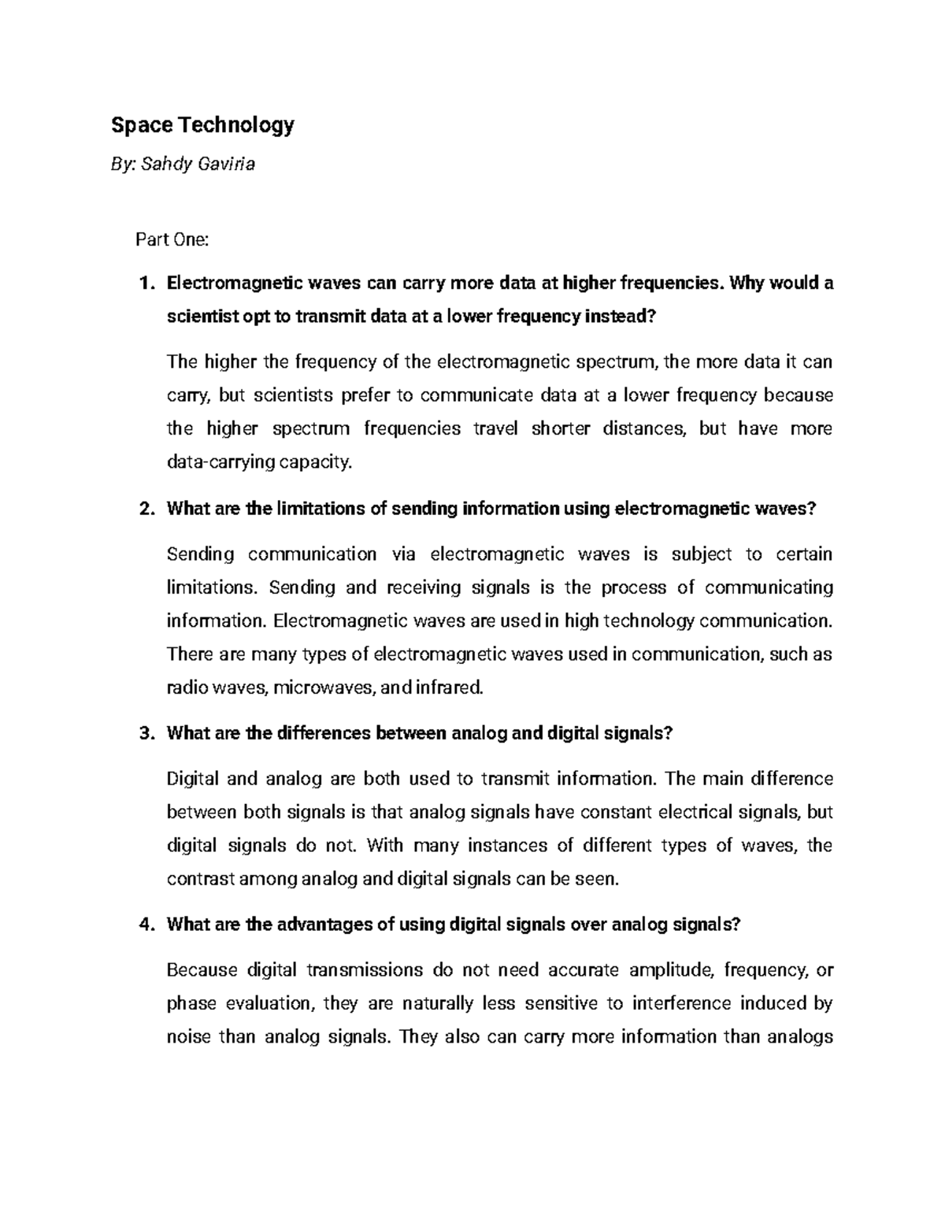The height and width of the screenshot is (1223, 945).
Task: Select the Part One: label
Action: pyautogui.click(x=172, y=239)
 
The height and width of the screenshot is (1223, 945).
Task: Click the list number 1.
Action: pyautogui.click(x=144, y=284)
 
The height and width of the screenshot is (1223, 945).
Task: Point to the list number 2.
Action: pyautogui.click(x=144, y=509)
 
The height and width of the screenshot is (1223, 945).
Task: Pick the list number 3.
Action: pyautogui.click(x=144, y=734)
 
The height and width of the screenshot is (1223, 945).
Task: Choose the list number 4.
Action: pyautogui.click(x=144, y=925)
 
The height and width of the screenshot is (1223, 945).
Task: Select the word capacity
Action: pyautogui.click(x=319, y=462)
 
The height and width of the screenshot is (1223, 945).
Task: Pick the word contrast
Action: pyautogui.click(x=201, y=879)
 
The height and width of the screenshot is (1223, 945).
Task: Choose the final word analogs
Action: pyautogui.click(x=800, y=1036)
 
